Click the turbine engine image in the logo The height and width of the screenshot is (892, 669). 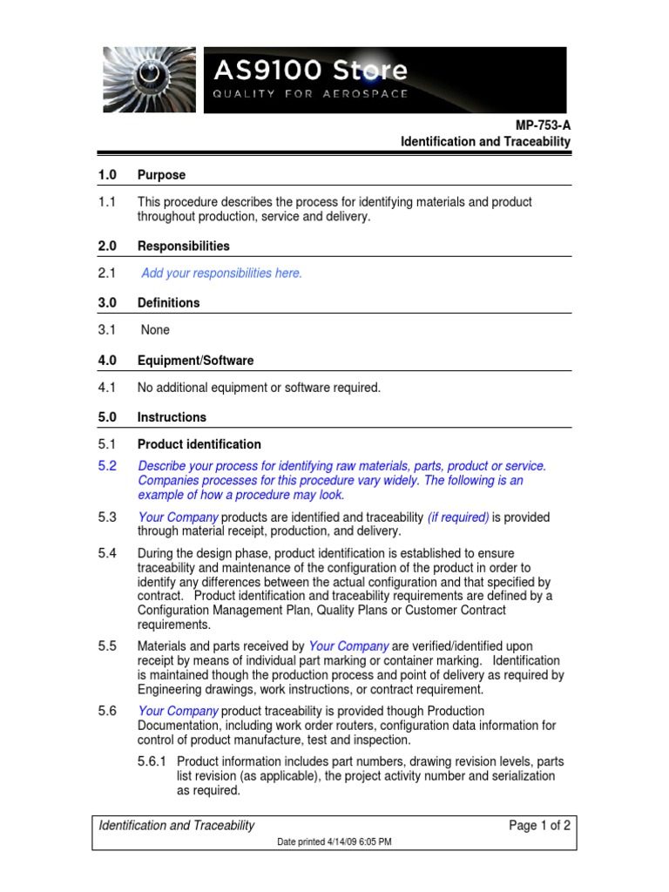[x=149, y=79]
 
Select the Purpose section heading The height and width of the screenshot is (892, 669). [x=161, y=175]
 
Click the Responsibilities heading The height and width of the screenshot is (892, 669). [x=184, y=247]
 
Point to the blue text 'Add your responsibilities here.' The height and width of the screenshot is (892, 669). [x=222, y=274]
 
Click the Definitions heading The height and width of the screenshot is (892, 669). [x=168, y=303]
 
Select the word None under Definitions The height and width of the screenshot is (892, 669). [x=155, y=330]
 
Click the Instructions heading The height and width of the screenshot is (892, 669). [x=172, y=417]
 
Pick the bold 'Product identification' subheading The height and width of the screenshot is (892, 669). [x=199, y=444]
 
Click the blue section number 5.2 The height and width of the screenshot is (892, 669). [x=107, y=466]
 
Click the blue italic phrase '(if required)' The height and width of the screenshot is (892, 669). [x=458, y=517]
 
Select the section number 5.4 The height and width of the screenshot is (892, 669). [x=107, y=553]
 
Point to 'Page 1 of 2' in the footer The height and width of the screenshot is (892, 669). [x=539, y=826]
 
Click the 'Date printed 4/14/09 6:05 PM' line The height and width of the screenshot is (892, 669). [x=334, y=842]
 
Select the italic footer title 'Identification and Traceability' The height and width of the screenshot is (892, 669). [x=177, y=826]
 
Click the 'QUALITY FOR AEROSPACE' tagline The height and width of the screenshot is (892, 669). [x=311, y=94]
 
